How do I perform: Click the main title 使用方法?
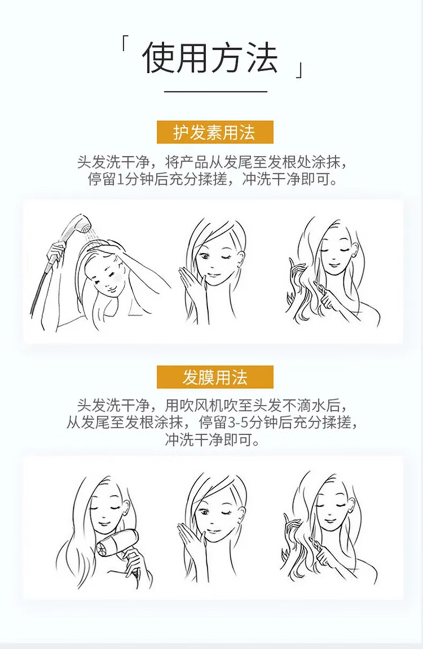click(210, 57)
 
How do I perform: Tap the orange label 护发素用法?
click(215, 132)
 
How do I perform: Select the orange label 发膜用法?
click(215, 377)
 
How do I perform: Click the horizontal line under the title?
click(216, 92)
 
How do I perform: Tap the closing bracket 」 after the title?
click(299, 70)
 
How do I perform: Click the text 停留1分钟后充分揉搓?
click(157, 179)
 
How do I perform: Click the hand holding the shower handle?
click(56, 253)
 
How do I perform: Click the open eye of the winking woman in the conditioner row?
click(204, 256)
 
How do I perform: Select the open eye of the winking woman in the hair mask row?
click(204, 512)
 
